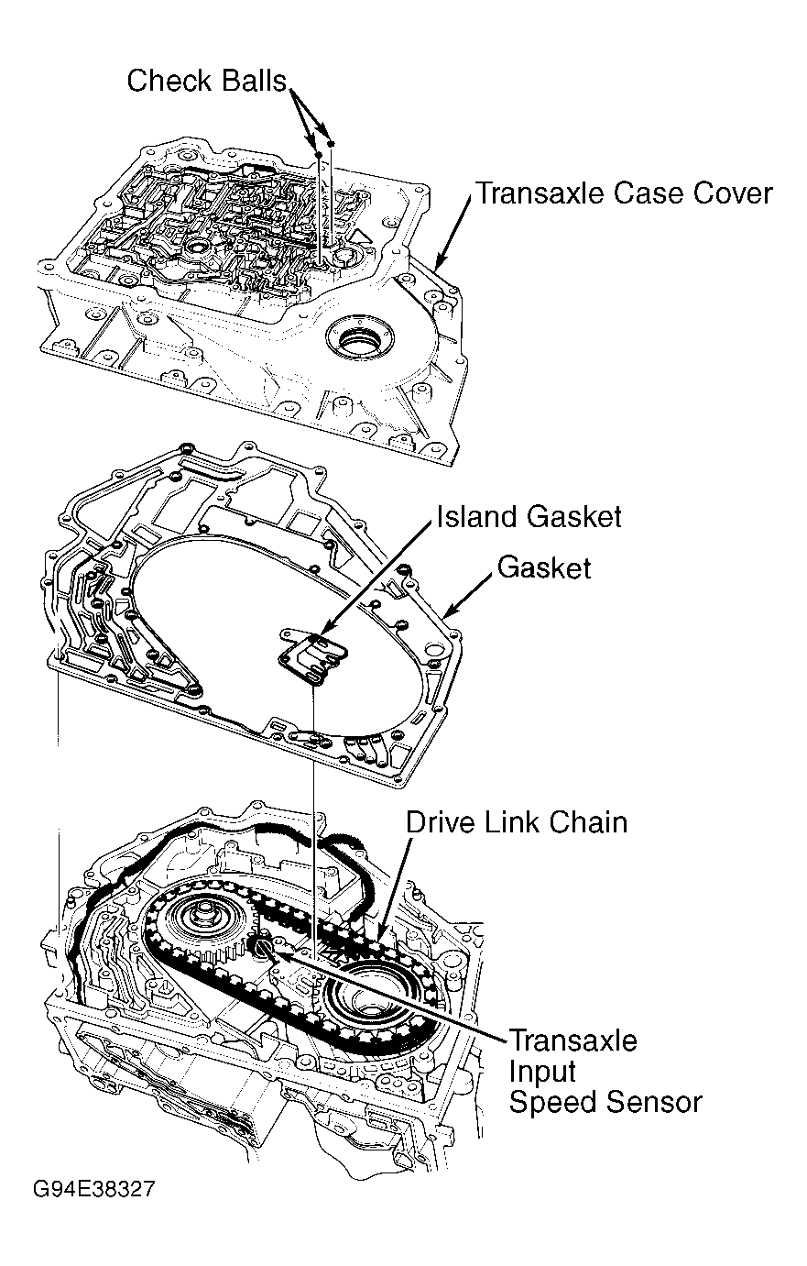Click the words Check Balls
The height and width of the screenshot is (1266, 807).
click(x=206, y=81)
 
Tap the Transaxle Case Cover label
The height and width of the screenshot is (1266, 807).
click(x=624, y=193)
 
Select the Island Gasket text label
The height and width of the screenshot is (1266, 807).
click(x=529, y=516)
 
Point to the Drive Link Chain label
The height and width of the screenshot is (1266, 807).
click(x=516, y=822)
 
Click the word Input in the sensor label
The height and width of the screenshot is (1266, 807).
click(x=542, y=1072)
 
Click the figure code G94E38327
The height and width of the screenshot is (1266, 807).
click(x=93, y=1189)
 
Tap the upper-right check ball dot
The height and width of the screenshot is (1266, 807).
click(x=331, y=144)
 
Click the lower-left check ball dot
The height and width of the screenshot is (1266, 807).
click(x=319, y=155)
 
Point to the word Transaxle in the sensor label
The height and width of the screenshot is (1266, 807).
click(x=573, y=1040)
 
